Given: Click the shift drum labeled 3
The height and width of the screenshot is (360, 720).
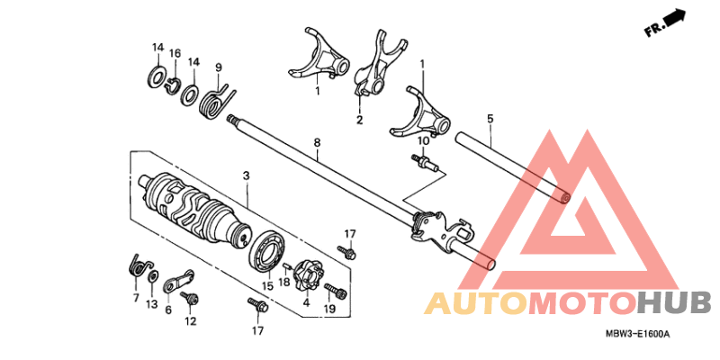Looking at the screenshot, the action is (196, 207).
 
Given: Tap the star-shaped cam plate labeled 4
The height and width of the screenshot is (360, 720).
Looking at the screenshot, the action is (307, 275).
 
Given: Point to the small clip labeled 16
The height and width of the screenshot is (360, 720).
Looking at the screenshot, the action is (171, 85).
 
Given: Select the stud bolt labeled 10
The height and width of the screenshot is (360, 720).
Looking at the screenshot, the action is (424, 162).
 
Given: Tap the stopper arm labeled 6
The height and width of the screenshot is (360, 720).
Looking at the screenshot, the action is (178, 281).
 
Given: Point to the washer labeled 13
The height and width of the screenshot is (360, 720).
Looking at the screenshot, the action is (152, 277).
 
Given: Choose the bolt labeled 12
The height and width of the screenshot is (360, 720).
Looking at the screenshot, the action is (189, 298).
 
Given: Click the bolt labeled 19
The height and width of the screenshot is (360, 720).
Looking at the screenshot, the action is (336, 290).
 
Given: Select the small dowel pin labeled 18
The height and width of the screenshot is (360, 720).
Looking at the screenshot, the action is (285, 265).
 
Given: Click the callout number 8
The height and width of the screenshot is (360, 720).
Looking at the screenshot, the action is (317, 142).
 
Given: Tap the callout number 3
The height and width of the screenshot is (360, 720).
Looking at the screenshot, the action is (246, 175).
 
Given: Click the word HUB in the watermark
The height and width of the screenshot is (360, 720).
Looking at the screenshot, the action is (673, 304).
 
